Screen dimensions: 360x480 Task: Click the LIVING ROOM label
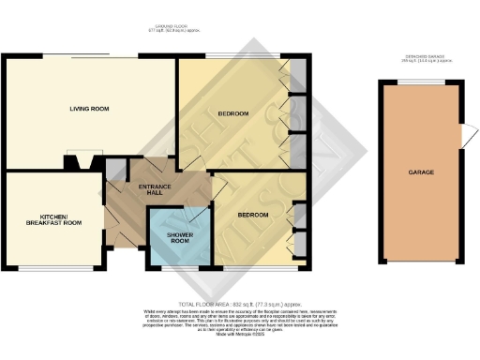89,110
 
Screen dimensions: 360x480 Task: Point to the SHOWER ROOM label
178,237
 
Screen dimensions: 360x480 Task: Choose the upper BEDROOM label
233,113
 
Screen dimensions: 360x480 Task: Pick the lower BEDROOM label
252,215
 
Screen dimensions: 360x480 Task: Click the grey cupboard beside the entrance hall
114,170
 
